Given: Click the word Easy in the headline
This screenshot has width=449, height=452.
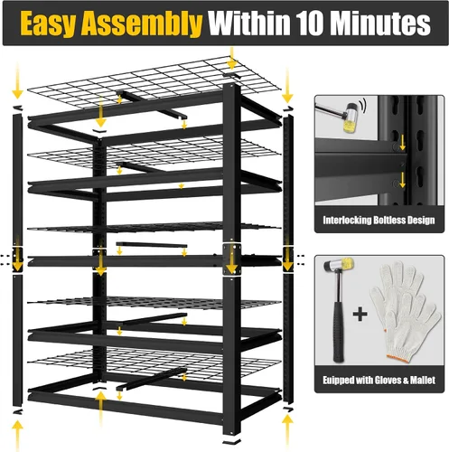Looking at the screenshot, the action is tap(48, 24).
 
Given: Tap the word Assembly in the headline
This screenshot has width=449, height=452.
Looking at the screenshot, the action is tap(142, 24).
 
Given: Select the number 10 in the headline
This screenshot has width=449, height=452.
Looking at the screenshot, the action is tap(311, 24).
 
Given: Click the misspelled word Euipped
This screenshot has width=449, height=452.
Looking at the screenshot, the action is tap(338, 381).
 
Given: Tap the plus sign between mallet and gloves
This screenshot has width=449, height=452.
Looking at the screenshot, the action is tap(360, 315).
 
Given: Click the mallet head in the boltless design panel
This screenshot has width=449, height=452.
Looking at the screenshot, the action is tap(350, 118).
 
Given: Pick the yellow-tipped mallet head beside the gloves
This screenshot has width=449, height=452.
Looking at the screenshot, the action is tap(339, 265).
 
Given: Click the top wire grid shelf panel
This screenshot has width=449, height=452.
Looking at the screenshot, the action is tap(154, 81).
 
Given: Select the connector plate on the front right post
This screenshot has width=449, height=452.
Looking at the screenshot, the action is tap(231, 259).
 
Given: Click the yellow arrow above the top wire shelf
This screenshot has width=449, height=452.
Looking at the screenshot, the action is tap(231, 58).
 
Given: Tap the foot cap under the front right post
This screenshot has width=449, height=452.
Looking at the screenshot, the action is tap(231, 441).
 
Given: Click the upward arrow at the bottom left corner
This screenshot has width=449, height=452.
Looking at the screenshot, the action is tap(17, 435).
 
